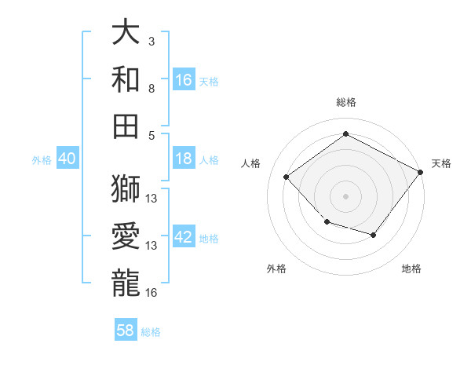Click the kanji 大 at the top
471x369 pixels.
(126, 33)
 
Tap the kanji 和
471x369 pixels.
(126, 79)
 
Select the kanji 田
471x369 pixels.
(126, 126)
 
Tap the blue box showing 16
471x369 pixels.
(184, 79)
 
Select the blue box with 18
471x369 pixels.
(184, 159)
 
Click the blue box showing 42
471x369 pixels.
(184, 237)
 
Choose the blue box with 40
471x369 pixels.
(67, 159)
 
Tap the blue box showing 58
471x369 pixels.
(126, 331)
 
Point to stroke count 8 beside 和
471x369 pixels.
(152, 89)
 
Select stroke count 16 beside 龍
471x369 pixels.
(152, 292)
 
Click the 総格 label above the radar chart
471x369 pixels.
(345, 102)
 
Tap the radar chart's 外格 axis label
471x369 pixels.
(276, 269)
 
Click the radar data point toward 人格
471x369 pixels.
(287, 177)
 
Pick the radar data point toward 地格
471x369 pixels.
(374, 235)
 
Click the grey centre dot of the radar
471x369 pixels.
(345, 195)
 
